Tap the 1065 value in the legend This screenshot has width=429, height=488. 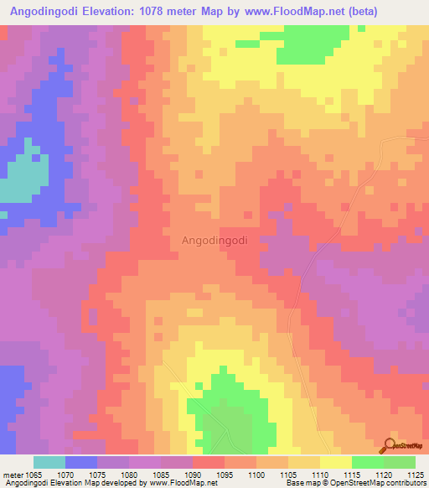pyautogui.click(x=34, y=475)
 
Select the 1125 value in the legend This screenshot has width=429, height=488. pyautogui.click(x=415, y=475)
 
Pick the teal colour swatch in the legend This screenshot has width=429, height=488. pyautogui.click(x=49, y=462)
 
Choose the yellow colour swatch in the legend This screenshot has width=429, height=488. pyautogui.click(x=336, y=462)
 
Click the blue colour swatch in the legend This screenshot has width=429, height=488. pyautogui.click(x=81, y=462)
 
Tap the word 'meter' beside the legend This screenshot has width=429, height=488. pyautogui.click(x=13, y=475)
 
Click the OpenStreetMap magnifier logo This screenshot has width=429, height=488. pyautogui.click(x=391, y=444)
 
